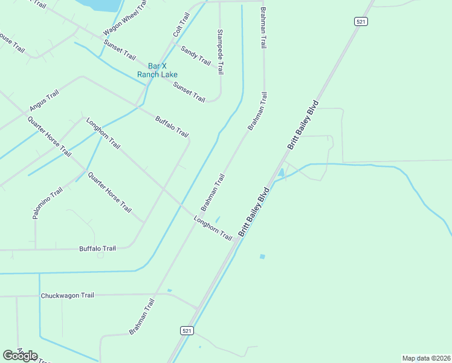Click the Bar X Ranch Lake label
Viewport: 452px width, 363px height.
click(157, 70)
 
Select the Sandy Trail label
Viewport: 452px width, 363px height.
click(196, 56)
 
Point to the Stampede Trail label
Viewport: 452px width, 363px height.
click(221, 51)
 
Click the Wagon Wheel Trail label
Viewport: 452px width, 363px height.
click(125, 18)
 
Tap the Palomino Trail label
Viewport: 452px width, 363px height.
click(48, 204)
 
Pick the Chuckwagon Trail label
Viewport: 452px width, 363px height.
click(67, 296)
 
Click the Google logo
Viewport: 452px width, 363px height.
click(20, 356)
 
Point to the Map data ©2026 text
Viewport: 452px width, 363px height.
click(426, 358)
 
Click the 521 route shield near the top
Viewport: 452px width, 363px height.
click(361, 21)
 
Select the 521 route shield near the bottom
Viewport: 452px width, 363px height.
click(187, 330)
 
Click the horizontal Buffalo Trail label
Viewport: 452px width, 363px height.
click(97, 249)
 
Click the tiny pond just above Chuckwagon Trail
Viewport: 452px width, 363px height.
click(170, 291)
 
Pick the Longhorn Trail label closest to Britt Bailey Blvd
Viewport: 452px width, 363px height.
click(213, 227)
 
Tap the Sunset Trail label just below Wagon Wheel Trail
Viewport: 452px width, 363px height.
click(120, 50)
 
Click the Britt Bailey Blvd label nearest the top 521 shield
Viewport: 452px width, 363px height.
click(303, 125)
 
